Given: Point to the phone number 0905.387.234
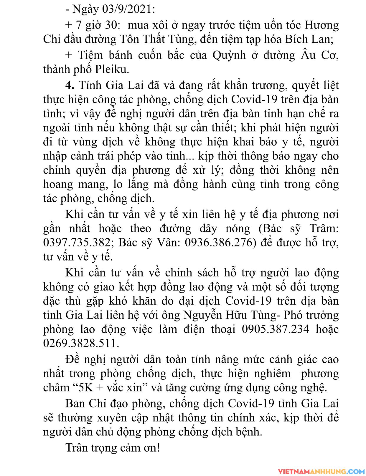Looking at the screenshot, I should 276,329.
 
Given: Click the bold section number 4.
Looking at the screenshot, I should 70,85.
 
